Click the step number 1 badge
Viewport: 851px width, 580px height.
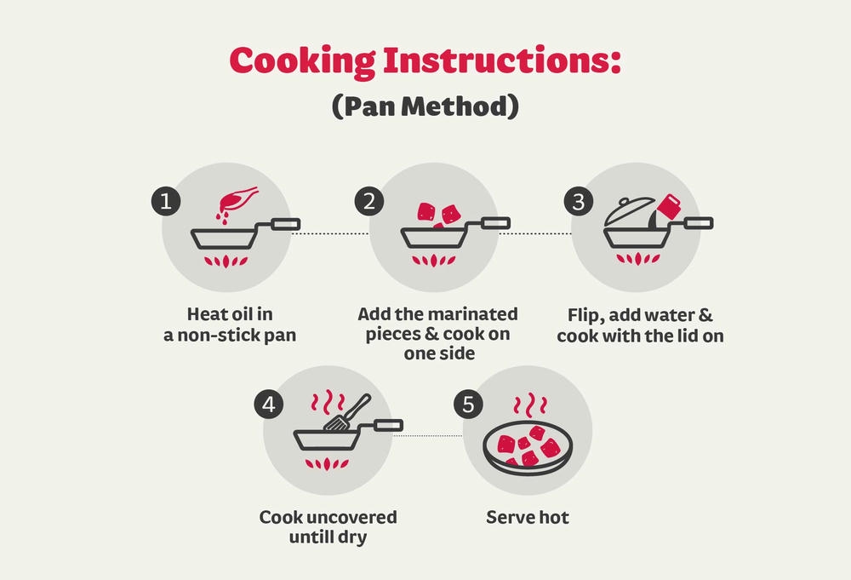point(166,202)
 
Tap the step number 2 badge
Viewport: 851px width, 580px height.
point(369,202)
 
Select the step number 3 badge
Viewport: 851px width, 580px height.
point(579,202)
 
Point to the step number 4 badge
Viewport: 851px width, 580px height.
point(269,405)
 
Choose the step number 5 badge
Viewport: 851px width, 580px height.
point(468,405)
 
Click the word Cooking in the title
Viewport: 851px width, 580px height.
point(302,60)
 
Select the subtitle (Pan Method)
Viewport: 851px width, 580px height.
point(425,106)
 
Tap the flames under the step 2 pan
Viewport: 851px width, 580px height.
point(432,261)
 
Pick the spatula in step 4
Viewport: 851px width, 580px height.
point(348,413)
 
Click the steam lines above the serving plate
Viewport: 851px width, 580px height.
point(529,405)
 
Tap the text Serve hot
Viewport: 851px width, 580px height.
point(528,517)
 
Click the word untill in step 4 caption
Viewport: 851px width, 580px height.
point(310,537)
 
